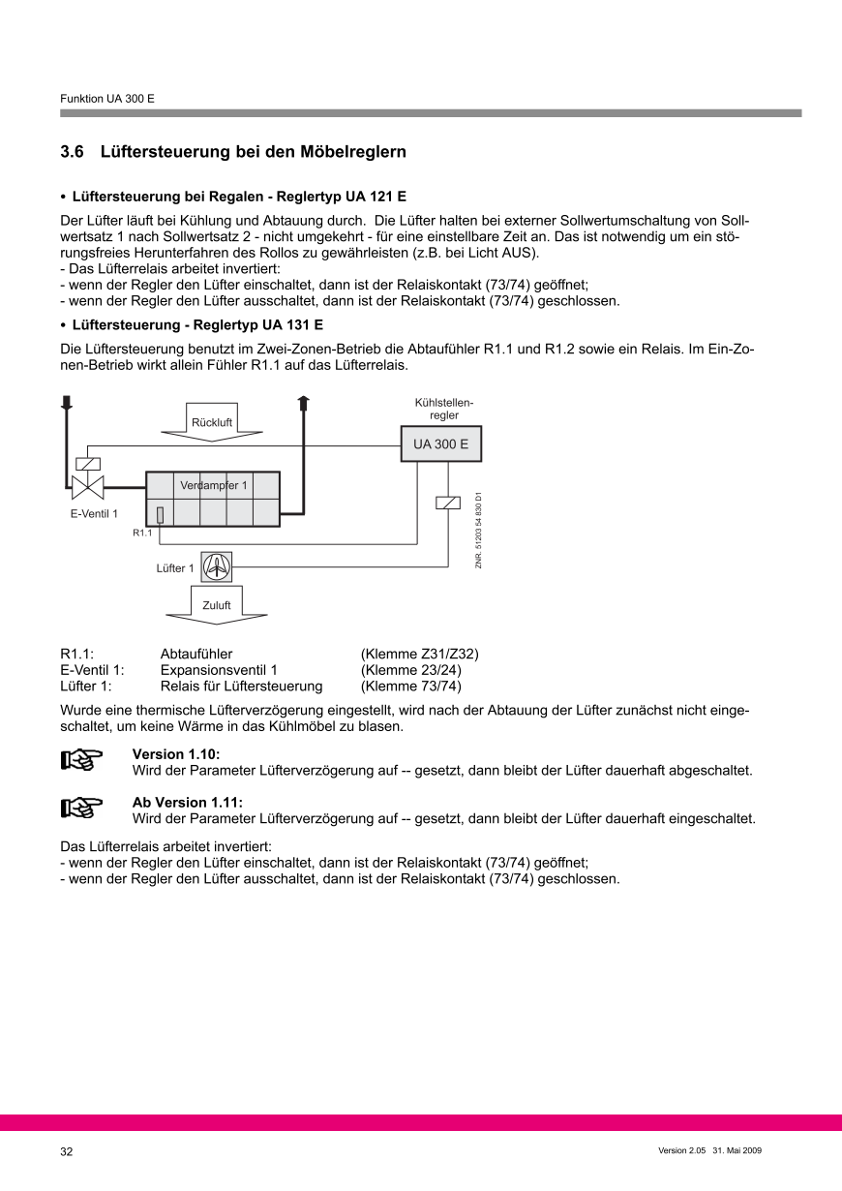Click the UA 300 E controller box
(440, 445)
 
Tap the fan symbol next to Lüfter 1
(218, 566)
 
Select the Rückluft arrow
(210, 423)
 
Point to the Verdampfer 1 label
(213, 485)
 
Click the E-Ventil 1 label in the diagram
(94, 514)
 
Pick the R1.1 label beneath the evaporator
(142, 534)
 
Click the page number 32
(67, 1151)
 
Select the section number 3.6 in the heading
(73, 152)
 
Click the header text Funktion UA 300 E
(107, 99)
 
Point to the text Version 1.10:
(168, 754)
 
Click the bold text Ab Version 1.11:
(187, 803)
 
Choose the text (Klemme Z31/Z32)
(419, 654)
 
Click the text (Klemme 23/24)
(410, 670)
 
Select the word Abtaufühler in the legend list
(196, 654)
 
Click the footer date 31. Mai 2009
(737, 1150)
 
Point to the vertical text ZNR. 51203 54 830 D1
(478, 531)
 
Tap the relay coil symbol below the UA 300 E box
(448, 502)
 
